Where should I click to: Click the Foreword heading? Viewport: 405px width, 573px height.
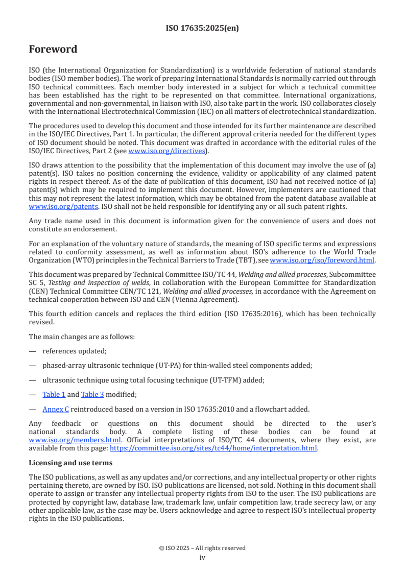coord(53,50)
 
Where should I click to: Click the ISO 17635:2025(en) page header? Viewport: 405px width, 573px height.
coord(202,29)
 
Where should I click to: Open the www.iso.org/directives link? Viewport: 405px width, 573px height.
coord(166,151)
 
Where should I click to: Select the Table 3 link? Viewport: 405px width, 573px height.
coord(92,394)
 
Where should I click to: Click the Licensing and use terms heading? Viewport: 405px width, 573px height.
coord(70,463)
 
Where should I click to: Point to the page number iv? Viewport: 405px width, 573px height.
coord(202,557)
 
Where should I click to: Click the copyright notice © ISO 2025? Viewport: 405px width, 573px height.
coord(202,548)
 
